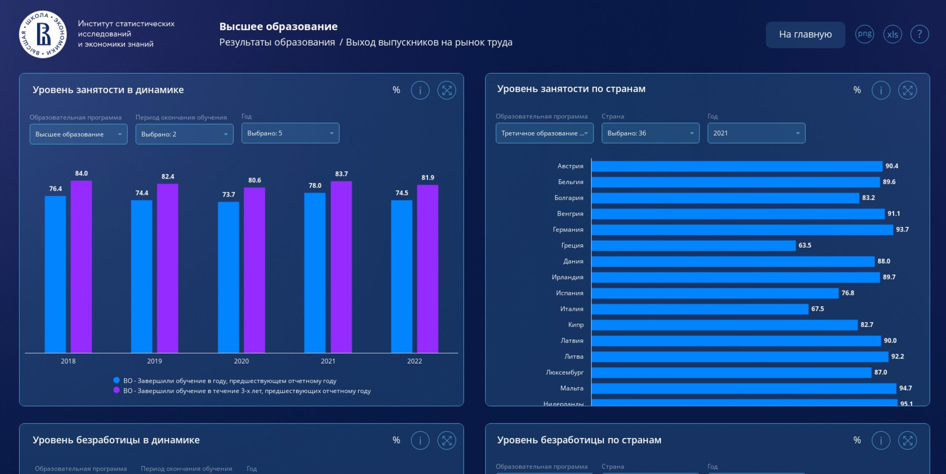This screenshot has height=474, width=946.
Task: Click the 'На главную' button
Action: (x=805, y=34)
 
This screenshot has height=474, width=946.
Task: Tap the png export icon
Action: (x=864, y=34)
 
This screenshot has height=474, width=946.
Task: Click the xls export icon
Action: (x=893, y=34)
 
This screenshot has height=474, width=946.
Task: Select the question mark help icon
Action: (x=920, y=34)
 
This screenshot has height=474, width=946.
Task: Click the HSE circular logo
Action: (x=43, y=34)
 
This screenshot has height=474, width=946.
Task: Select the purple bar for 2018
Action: (x=81, y=267)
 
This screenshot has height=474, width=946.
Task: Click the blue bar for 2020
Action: (x=229, y=278)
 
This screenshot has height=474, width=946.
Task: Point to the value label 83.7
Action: (x=341, y=174)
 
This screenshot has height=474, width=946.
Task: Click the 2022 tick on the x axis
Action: (x=414, y=361)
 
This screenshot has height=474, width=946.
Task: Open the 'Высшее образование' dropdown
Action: (x=79, y=134)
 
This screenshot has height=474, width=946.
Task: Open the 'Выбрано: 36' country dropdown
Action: (x=650, y=133)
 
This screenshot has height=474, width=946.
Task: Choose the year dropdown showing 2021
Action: (x=756, y=133)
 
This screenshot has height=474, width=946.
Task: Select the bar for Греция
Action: (x=694, y=245)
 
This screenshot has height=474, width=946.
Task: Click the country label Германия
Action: (x=568, y=230)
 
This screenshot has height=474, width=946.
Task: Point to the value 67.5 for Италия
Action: (x=818, y=309)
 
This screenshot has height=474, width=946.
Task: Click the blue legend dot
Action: (x=117, y=381)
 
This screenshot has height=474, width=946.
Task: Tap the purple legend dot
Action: (x=117, y=391)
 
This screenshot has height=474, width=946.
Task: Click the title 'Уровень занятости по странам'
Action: (x=571, y=89)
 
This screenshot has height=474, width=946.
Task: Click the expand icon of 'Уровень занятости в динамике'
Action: (x=447, y=90)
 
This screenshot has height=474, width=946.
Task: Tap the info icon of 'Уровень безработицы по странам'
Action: (x=881, y=441)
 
